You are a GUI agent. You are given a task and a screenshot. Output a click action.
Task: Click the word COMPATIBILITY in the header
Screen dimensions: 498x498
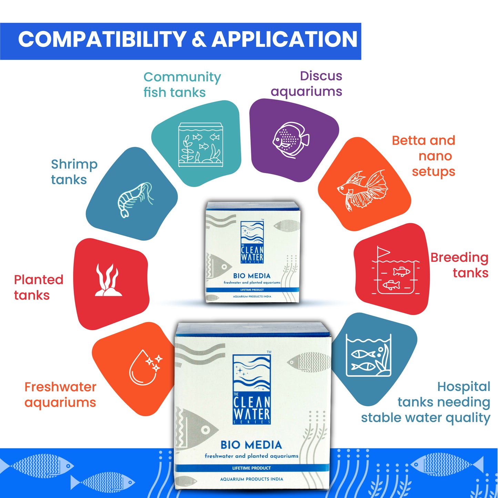(x=102, y=39)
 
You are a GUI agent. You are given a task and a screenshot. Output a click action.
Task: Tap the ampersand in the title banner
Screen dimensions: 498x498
(x=199, y=40)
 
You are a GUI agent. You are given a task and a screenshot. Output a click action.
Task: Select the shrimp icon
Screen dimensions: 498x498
(x=134, y=199)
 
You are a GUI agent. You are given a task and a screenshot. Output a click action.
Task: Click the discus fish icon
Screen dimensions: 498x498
(x=291, y=140)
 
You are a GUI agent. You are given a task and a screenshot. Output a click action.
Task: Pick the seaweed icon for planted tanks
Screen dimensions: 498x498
(x=108, y=280)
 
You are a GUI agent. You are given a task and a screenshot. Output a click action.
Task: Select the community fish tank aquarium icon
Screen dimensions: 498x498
(x=201, y=145)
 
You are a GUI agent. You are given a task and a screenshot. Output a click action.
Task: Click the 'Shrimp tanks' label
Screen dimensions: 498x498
(x=74, y=172)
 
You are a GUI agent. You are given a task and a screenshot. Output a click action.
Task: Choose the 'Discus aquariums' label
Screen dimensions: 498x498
(x=306, y=83)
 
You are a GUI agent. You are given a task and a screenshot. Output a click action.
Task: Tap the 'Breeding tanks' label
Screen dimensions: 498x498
(x=459, y=265)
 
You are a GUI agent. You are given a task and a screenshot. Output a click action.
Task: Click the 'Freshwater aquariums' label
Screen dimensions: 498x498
(x=60, y=394)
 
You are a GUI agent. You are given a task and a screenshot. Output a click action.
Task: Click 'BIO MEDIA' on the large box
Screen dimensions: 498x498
(x=251, y=445)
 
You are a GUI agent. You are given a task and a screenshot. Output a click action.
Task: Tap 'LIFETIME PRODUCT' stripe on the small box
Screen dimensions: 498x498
(x=252, y=290)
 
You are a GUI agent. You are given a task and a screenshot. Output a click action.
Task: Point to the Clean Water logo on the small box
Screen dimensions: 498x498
(x=252, y=242)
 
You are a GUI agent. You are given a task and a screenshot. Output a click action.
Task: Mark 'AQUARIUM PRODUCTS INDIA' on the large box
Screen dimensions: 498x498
(x=252, y=479)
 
